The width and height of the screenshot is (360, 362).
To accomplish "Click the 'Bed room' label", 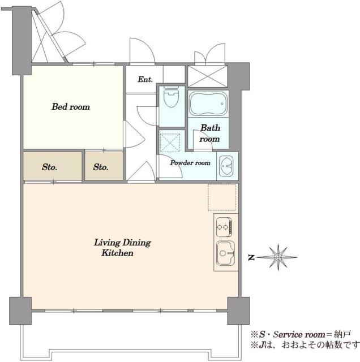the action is pyautogui.click(x=71, y=107).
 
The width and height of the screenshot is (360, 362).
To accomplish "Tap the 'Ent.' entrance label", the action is pyautogui.click(x=145, y=79).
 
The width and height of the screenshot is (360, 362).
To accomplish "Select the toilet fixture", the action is pyautogui.click(x=171, y=97).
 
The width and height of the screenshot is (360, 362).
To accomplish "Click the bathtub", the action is pyautogui.click(x=208, y=103).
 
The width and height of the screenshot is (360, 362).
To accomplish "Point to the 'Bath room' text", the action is pyautogui.click(x=210, y=133).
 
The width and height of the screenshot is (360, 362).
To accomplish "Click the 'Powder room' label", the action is pyautogui.click(x=190, y=163).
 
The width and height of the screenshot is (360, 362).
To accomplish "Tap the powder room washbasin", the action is pyautogui.click(x=226, y=166).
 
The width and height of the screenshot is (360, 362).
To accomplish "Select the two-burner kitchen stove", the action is pyautogui.click(x=224, y=227).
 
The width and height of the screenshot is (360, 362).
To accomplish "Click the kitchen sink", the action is pyautogui.click(x=225, y=253).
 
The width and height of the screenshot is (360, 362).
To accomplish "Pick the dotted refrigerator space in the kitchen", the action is pyautogui.click(x=222, y=197).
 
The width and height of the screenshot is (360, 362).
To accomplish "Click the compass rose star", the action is pyautogui.click(x=278, y=257).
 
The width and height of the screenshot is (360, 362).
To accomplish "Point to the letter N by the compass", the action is pyautogui.click(x=251, y=257).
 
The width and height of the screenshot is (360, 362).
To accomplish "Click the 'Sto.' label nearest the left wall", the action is pyautogui.click(x=50, y=167).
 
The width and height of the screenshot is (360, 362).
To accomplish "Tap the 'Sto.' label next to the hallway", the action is pyautogui.click(x=101, y=167).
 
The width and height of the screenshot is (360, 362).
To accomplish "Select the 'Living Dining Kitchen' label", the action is pyautogui.click(x=122, y=248).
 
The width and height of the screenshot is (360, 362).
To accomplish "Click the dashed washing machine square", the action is pyautogui.click(x=170, y=143).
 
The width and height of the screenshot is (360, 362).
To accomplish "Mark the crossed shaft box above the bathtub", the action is pyautogui.click(x=208, y=76).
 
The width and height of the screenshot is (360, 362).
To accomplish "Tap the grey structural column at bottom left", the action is pyautogui.click(x=20, y=311).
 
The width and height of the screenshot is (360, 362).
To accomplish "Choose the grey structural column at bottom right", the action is pyautogui.click(x=238, y=311).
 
